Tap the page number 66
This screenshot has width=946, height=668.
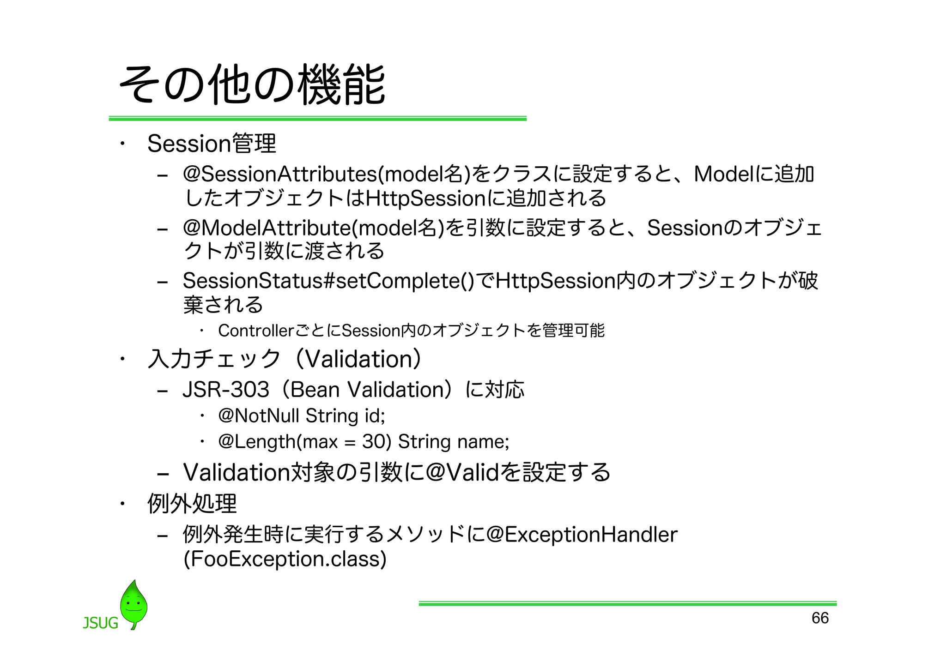820,618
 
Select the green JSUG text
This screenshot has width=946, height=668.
100,623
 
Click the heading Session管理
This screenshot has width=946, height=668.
212,144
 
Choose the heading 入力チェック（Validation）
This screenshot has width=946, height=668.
284,359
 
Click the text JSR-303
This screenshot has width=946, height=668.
226,390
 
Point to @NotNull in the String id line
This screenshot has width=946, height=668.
259,416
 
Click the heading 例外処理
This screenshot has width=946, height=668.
192,503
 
